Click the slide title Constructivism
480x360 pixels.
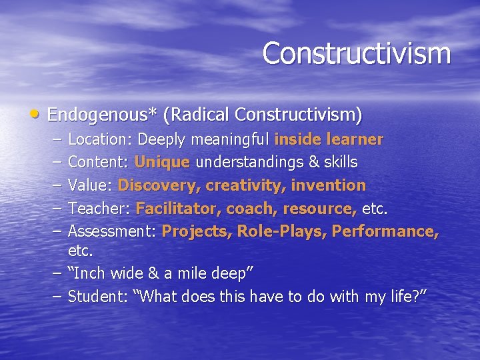pos(356,53)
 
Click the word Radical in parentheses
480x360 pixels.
pos(201,115)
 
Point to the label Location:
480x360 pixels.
pos(101,139)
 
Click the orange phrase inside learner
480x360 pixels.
pos(329,139)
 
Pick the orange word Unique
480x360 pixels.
pos(163,162)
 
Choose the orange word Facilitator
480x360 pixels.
pos(177,208)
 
